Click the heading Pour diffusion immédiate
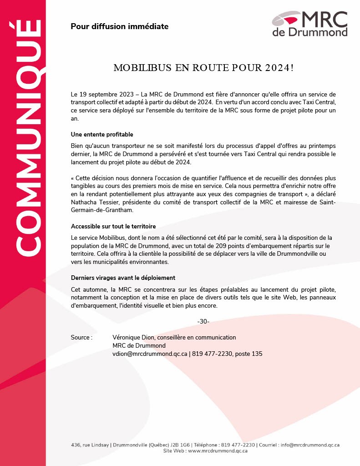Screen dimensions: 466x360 [x=119, y=26]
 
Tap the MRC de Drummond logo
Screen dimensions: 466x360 [x=310, y=24]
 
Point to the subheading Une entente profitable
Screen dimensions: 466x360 [x=102, y=135]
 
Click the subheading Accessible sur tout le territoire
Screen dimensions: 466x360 [x=113, y=227]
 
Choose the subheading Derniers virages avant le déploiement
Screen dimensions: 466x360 [x=123, y=278]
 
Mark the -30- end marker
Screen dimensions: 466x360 [x=203, y=322]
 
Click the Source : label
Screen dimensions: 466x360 [x=81, y=338]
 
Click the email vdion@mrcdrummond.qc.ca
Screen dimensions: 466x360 [x=150, y=354]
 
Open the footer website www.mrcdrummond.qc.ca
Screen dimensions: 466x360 [x=218, y=451]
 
